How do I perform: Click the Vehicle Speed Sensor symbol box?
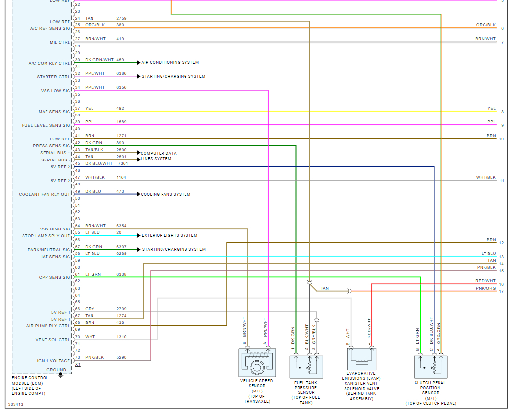257,363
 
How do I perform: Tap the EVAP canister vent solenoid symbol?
362,359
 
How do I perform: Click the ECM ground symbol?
60,375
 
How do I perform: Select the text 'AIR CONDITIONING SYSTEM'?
170,63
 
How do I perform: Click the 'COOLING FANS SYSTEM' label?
166,195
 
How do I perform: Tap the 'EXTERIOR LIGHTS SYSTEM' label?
169,236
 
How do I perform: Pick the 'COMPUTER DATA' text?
159,153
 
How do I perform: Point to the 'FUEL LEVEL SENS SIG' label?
46,126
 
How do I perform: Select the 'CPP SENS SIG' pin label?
55,278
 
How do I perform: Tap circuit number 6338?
121,275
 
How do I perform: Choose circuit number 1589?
121,122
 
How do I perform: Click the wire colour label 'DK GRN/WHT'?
99,60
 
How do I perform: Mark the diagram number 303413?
16,405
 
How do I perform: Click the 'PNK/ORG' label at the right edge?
485,289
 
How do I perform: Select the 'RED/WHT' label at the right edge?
485,281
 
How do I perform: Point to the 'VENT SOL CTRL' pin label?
53,340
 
